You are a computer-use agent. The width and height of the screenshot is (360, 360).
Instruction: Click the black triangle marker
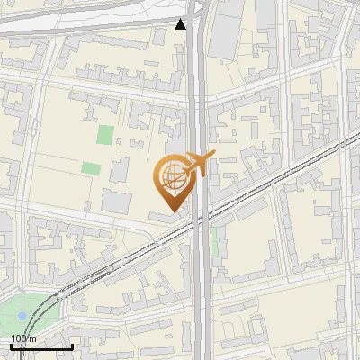pos(181,24)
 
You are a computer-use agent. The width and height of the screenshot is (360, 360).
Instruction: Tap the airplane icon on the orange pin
pos(197,165)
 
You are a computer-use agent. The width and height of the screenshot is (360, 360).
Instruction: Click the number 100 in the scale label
pos(19,337)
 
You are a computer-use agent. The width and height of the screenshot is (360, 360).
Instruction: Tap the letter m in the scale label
pos(33,337)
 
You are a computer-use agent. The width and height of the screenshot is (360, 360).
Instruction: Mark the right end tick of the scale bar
pos(72,346)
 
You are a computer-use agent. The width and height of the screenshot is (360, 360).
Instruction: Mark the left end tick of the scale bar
pos(11,346)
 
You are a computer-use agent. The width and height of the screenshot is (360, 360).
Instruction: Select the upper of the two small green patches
pos(106,135)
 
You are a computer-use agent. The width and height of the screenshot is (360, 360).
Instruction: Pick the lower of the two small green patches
pos(90,167)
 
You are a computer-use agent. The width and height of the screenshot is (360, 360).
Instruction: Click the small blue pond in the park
pos(22,316)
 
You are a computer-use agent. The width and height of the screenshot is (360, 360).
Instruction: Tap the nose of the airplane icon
pos(213,156)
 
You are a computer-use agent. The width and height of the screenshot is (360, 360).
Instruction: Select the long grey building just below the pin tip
pos(167,219)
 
